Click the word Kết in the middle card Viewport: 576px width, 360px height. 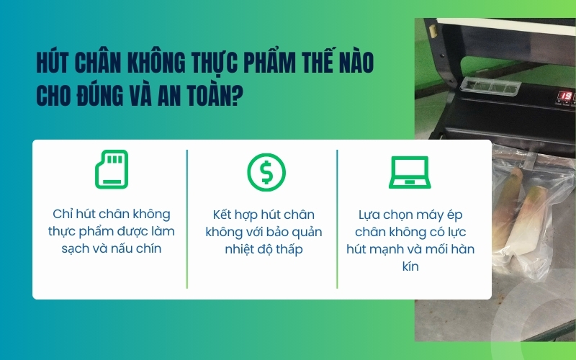(225, 215)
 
